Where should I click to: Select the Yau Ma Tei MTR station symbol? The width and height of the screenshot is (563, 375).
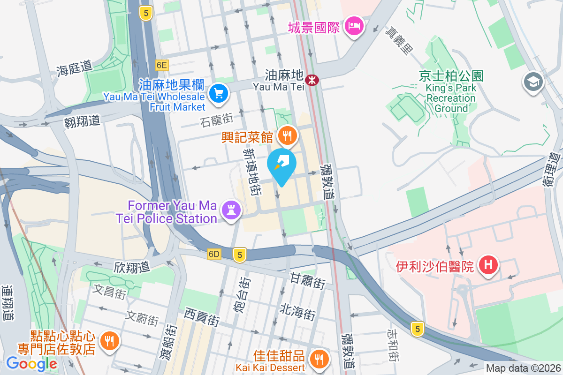[x=312, y=80]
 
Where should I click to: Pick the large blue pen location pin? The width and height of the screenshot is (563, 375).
[x=281, y=165]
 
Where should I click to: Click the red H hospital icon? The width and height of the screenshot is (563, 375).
[x=488, y=265]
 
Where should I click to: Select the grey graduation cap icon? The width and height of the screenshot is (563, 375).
[x=533, y=82]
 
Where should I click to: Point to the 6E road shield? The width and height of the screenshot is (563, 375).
[x=162, y=65]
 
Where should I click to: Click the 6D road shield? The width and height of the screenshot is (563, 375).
[x=214, y=254]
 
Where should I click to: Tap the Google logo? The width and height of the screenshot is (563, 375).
[x=31, y=364]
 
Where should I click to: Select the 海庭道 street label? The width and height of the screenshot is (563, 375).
[x=74, y=69]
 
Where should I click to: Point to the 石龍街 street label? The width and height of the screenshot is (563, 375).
[x=216, y=122]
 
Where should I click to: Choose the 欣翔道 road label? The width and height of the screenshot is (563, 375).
[x=131, y=267]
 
